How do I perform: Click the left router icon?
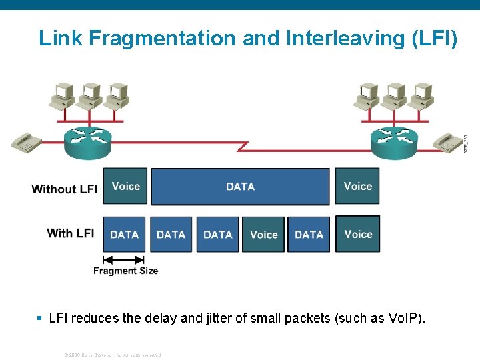point(87,142)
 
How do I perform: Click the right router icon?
point(394,142)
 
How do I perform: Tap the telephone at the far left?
point(26,141)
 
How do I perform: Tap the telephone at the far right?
point(447,142)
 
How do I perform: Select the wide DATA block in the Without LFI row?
point(240,187)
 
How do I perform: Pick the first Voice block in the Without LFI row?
point(126,187)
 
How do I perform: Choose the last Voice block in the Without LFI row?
point(358,187)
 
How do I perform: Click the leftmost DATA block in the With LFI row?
point(124,235)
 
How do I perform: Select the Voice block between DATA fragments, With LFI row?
point(263,235)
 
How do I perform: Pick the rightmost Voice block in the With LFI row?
point(358,235)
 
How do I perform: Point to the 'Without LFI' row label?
point(64,189)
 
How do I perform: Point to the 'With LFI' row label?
point(70,233)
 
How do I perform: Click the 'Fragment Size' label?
point(125,271)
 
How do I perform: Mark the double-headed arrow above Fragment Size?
point(124,259)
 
